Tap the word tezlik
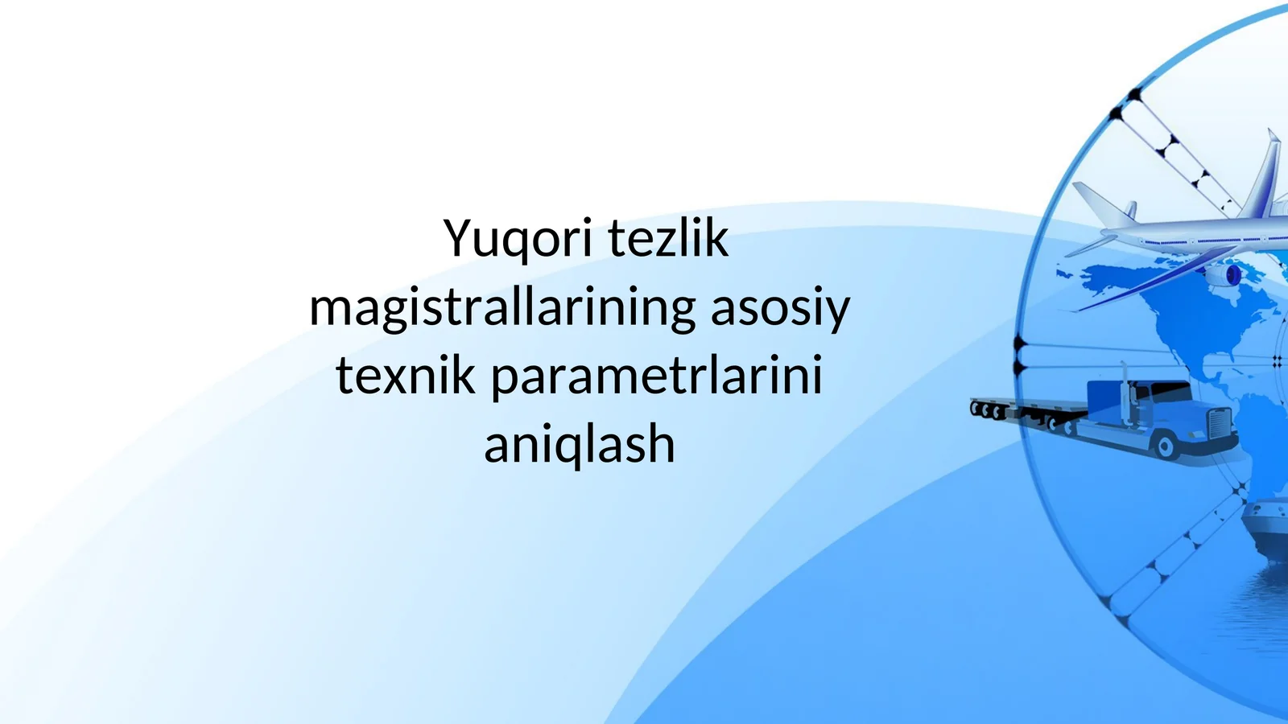(667, 239)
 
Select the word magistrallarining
(502, 308)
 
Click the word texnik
(405, 376)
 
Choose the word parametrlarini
(656, 376)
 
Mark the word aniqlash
(579, 445)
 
